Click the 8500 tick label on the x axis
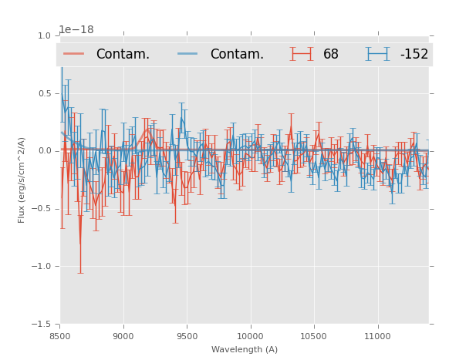(x=60, y=336)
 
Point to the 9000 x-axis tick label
(x=123, y=336)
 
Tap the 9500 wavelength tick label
(x=187, y=336)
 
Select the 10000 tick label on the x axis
(x=251, y=336)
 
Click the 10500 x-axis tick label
(x=314, y=336)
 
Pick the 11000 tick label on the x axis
(x=377, y=336)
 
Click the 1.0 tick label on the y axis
(x=44, y=35)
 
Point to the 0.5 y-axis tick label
(x=44, y=93)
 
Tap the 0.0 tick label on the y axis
(x=44, y=151)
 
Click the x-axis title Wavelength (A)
(x=245, y=349)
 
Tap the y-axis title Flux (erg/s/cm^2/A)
(x=22, y=180)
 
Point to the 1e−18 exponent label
(x=76, y=30)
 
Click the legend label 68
(x=331, y=54)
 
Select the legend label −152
(x=414, y=54)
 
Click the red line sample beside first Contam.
(x=75, y=54)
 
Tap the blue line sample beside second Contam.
(x=189, y=54)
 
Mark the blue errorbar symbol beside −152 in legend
(x=378, y=54)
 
